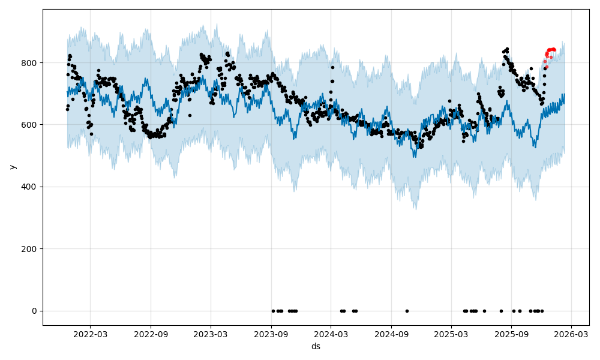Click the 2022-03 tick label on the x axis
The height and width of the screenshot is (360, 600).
[91, 335]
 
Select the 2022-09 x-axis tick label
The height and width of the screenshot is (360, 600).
[151, 335]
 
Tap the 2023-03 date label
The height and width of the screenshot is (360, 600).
[211, 335]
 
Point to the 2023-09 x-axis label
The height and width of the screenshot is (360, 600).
[271, 335]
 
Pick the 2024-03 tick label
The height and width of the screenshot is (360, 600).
[331, 335]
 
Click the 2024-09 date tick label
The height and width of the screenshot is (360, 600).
[391, 335]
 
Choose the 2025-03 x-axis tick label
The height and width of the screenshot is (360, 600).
[451, 335]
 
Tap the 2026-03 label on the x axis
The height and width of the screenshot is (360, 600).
[571, 335]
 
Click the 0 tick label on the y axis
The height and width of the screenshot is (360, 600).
[34, 311]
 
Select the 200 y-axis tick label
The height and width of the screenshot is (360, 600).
[30, 249]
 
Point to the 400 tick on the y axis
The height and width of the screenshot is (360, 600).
[30, 187]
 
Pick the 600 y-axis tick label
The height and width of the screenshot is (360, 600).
[30, 125]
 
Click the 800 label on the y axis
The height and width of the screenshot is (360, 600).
[30, 63]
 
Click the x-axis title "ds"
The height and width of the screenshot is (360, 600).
[316, 347]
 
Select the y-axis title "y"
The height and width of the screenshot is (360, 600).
[13, 167]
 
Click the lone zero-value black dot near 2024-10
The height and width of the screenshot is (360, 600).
[407, 311]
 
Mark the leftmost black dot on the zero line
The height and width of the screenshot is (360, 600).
[273, 311]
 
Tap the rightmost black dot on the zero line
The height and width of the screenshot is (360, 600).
[542, 311]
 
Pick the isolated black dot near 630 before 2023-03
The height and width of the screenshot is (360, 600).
[190, 115]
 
